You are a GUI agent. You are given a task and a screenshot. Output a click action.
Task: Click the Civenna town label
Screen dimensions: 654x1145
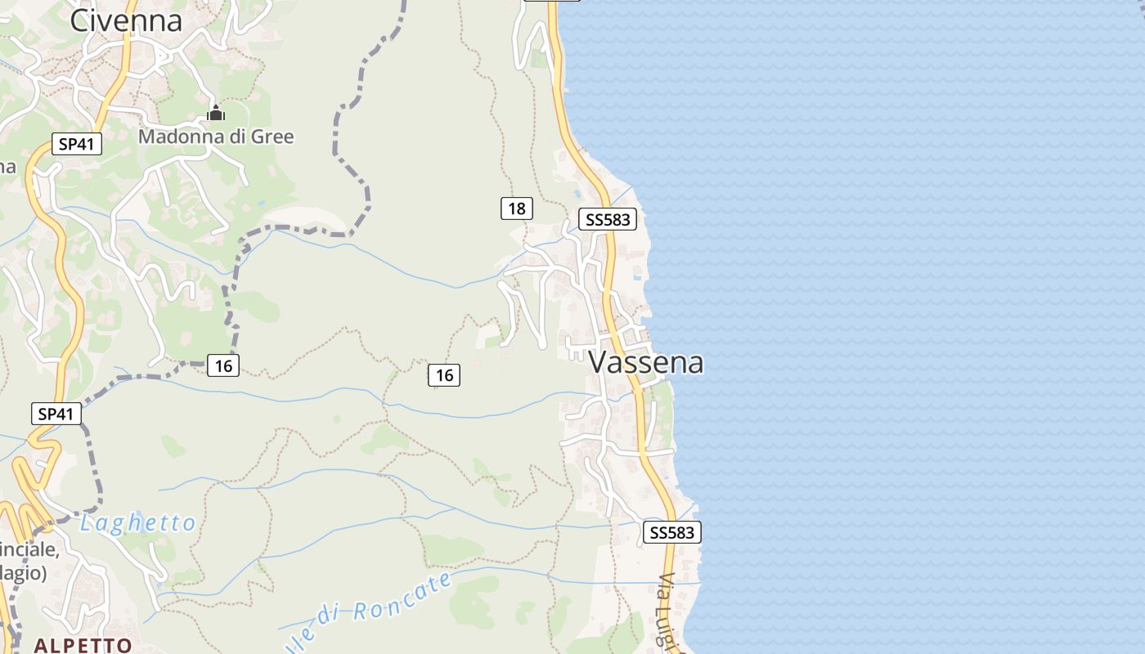tap(126, 21)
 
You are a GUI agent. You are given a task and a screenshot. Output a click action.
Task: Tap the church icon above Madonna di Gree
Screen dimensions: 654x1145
tap(216, 113)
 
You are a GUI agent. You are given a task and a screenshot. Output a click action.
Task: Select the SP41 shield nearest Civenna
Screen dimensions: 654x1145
tap(77, 145)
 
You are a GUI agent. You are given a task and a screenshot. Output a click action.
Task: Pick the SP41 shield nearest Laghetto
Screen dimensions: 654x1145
tap(56, 414)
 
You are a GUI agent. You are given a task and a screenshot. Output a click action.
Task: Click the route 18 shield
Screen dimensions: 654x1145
tap(517, 208)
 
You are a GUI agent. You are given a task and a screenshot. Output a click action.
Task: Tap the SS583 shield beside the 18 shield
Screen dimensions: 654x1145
tap(607, 219)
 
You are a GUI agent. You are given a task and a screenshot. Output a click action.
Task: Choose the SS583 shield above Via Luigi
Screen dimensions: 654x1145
tap(671, 533)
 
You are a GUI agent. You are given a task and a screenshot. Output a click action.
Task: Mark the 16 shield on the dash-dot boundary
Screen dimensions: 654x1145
tap(223, 365)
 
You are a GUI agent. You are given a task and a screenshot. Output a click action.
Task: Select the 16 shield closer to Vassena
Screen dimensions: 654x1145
tap(444, 375)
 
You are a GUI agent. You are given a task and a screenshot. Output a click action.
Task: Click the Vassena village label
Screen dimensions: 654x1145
tap(646, 362)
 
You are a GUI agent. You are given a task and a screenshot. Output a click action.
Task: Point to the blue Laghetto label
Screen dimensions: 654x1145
tap(138, 523)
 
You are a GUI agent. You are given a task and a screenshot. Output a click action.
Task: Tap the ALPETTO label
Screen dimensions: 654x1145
tap(83, 645)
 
